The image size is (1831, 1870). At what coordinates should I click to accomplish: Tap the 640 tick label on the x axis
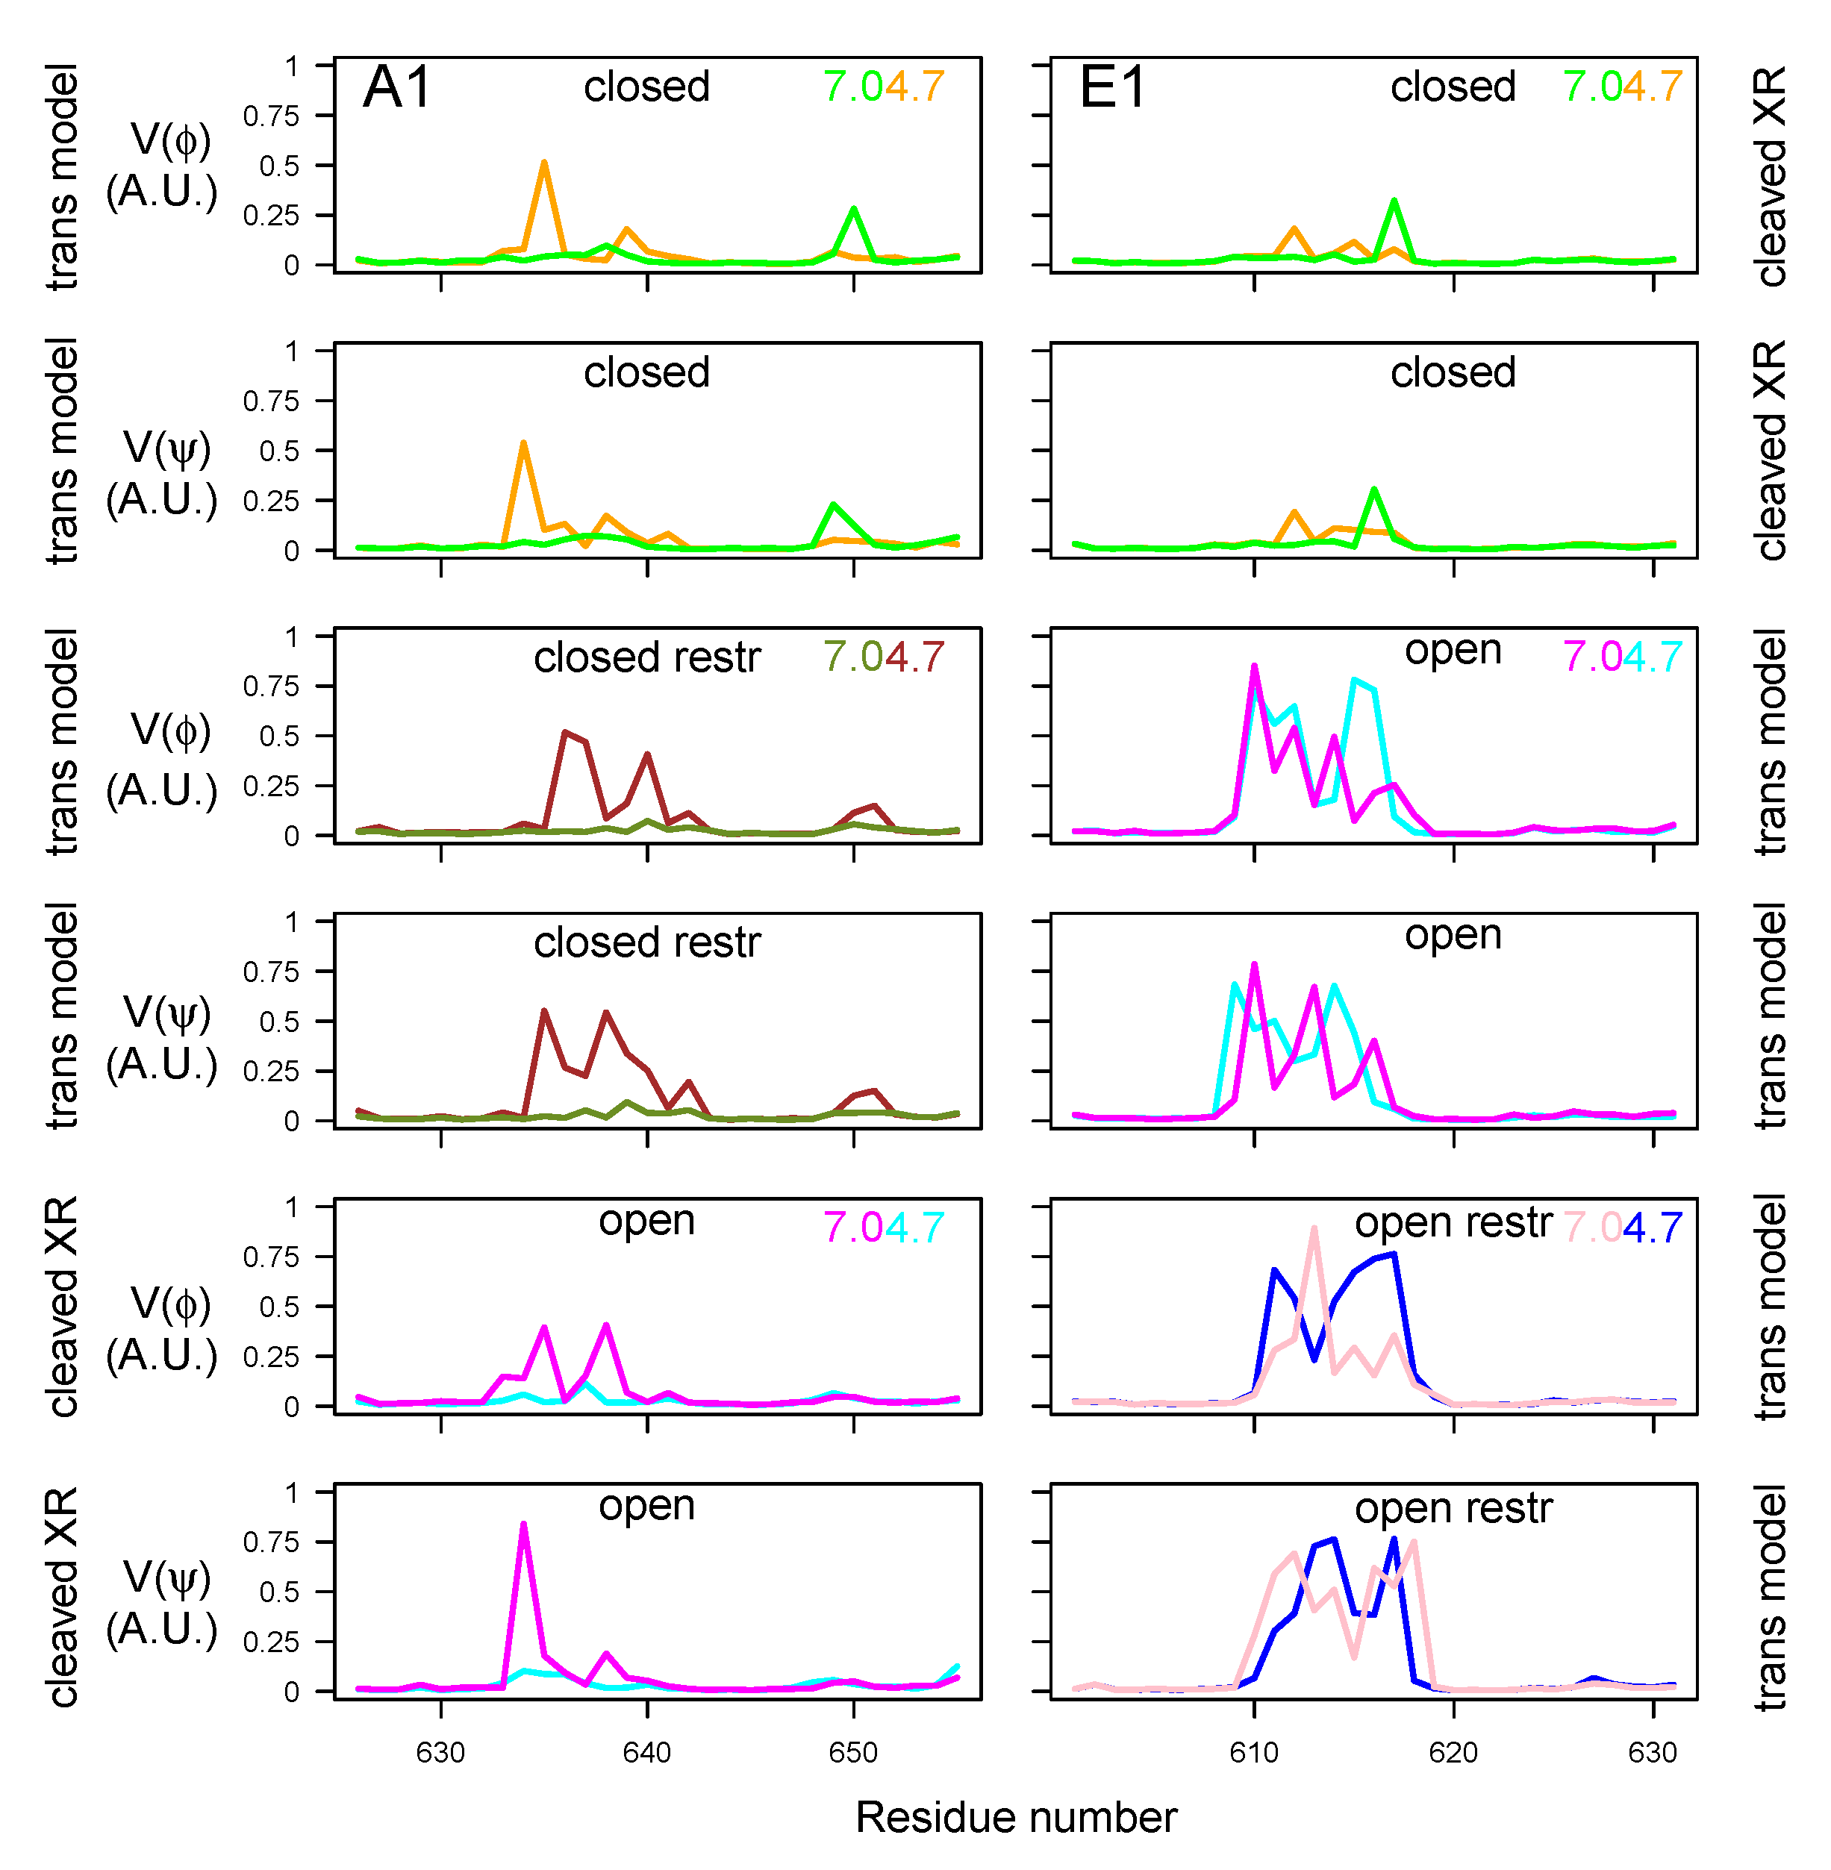coord(646,1752)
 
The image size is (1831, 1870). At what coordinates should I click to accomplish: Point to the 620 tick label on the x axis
coord(1453,1752)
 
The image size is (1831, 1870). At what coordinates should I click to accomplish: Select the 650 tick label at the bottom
coord(853,1752)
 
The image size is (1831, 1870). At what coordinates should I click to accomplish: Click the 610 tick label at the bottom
coord(1253,1752)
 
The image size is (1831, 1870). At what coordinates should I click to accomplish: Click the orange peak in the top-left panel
coord(544,163)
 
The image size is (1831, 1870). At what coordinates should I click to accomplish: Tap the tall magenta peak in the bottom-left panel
coord(523,1525)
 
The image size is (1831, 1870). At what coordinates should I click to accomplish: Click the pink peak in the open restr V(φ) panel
coord(1314,1230)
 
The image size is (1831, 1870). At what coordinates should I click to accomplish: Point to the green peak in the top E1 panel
coord(1394,202)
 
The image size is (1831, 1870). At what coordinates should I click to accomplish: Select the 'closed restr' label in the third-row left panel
coord(646,657)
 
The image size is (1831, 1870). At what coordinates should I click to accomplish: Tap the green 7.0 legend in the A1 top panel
coord(853,87)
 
